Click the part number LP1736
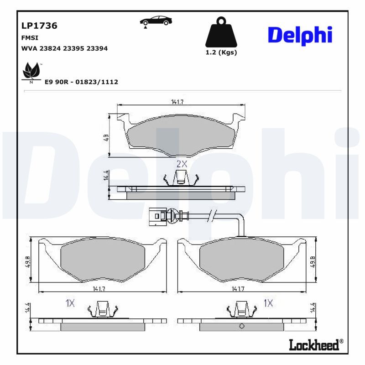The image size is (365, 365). tap(39, 26)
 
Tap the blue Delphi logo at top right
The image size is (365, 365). tap(300, 36)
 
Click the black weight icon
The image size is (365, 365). tap(221, 32)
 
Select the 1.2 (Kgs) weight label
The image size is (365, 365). tap(221, 52)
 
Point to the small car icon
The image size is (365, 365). tap(156, 21)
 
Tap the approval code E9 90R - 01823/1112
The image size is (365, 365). tap(81, 82)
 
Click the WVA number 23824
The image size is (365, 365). tap(50, 48)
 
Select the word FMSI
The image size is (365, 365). tap(30, 38)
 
